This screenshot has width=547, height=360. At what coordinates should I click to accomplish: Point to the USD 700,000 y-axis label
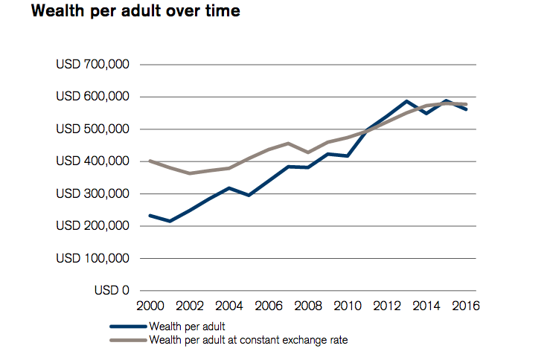pos(93,65)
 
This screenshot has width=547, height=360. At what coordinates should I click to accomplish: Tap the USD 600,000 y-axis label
pos(93,97)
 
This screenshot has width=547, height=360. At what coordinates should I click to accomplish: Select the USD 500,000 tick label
pos(93,129)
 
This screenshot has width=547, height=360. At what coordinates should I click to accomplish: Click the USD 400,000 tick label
pos(93,161)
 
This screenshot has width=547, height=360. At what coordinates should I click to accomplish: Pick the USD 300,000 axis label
pos(93,193)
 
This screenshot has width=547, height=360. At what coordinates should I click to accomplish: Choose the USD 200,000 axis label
pos(93,226)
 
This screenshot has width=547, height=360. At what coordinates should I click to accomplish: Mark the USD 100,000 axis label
pos(93,258)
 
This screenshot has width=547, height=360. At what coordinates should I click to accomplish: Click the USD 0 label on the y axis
pos(112,290)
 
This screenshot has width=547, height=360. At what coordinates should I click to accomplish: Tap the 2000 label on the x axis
pos(150,306)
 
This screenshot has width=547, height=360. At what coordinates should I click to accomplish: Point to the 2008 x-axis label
pos(307,306)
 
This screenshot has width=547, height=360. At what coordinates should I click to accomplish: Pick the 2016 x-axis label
pos(465,306)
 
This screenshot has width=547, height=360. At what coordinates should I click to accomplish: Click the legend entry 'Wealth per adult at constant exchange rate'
pos(249,341)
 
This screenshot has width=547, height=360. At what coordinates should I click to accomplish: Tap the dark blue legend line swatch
pos(127,326)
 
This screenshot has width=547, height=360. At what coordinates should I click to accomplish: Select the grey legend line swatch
pos(127,341)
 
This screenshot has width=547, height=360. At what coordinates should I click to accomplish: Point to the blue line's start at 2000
pos(150,216)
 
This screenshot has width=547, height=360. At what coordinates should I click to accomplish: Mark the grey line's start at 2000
pos(150,161)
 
